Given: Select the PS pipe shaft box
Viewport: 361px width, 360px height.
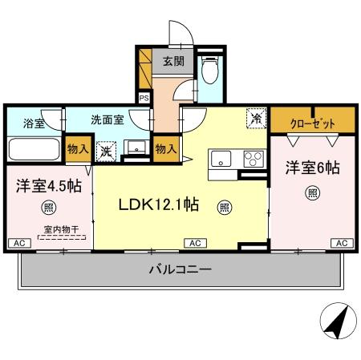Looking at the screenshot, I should click(x=144, y=99).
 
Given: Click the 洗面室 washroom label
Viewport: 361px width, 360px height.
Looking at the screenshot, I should click(x=107, y=119).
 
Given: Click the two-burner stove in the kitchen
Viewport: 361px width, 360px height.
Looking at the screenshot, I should click(x=254, y=157).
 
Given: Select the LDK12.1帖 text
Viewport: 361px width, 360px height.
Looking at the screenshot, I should click(x=159, y=204).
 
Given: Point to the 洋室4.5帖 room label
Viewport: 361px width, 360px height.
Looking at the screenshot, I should click(x=47, y=185).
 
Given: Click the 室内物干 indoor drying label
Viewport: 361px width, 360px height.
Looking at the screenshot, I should click(x=55, y=229).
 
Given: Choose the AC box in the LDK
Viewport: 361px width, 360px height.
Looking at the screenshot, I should click(x=194, y=242).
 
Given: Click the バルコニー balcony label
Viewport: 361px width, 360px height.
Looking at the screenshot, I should click(x=180, y=270).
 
